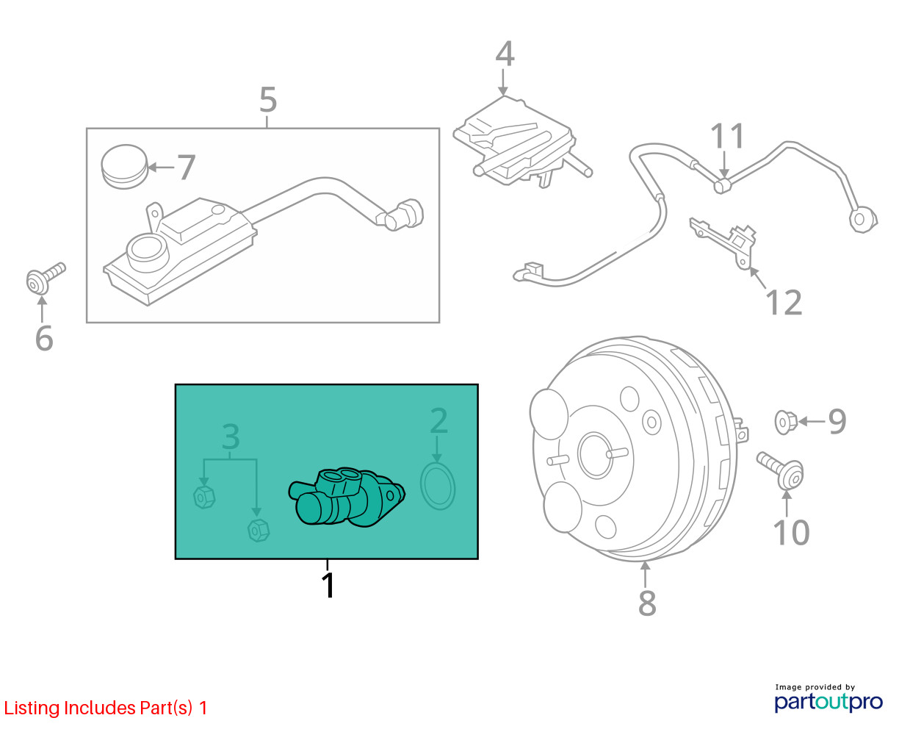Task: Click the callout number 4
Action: pyautogui.click(x=505, y=54)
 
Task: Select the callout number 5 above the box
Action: pyautogui.click(x=268, y=100)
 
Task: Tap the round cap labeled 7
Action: pyautogui.click(x=124, y=167)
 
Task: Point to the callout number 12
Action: pyautogui.click(x=784, y=303)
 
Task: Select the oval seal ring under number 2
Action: pyautogui.click(x=438, y=486)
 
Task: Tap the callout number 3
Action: pyautogui.click(x=231, y=437)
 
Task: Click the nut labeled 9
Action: pyautogui.click(x=785, y=422)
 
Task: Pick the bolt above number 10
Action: pyautogui.click(x=780, y=470)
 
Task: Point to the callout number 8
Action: pyautogui.click(x=647, y=603)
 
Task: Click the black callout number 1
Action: pyautogui.click(x=328, y=585)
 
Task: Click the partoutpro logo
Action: pyautogui.click(x=828, y=702)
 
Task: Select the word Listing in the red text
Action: pyautogui.click(x=32, y=708)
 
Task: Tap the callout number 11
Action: pyautogui.click(x=727, y=137)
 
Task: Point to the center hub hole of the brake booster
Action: pyautogui.click(x=595, y=456)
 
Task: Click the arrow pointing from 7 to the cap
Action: pyautogui.click(x=161, y=168)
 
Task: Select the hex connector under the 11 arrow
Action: pyautogui.click(x=723, y=185)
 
